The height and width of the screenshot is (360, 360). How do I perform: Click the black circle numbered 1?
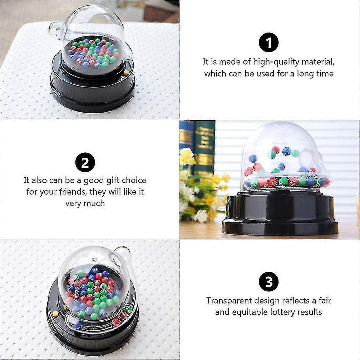[x=268, y=43]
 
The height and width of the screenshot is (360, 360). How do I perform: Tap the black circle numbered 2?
[x=85, y=162]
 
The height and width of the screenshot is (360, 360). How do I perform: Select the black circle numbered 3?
[x=268, y=281]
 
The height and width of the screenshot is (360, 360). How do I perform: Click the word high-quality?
[x=276, y=62]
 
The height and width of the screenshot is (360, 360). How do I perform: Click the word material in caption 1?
[x=318, y=62]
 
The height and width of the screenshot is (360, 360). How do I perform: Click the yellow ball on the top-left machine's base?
[x=126, y=73]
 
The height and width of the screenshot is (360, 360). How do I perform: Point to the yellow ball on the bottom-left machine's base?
[x=55, y=314]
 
